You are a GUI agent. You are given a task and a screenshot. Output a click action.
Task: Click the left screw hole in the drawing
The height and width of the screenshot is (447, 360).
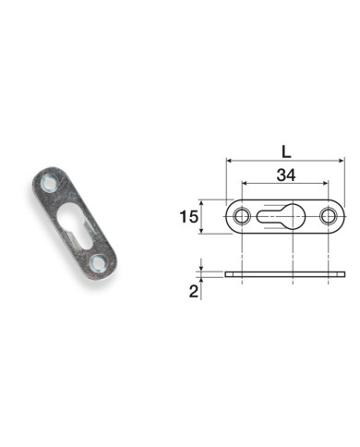pyautogui.click(x=241, y=217)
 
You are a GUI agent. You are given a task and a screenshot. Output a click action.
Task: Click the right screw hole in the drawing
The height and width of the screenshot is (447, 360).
pyautogui.click(x=328, y=217)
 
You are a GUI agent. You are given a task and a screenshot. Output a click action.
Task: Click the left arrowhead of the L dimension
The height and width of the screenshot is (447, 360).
pyautogui.click(x=228, y=161)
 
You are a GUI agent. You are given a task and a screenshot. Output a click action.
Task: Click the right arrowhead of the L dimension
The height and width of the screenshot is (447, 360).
pyautogui.click(x=341, y=161)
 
